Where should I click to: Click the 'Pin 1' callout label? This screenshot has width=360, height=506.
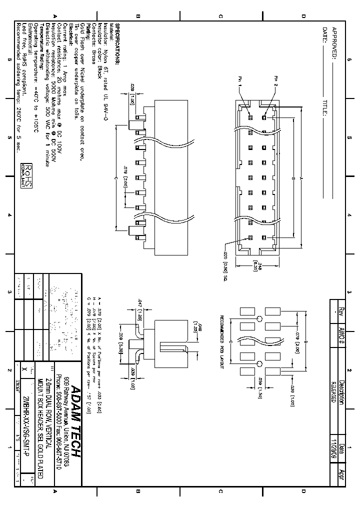coord(239,81)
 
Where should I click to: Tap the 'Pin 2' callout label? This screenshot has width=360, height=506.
coord(275,81)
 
